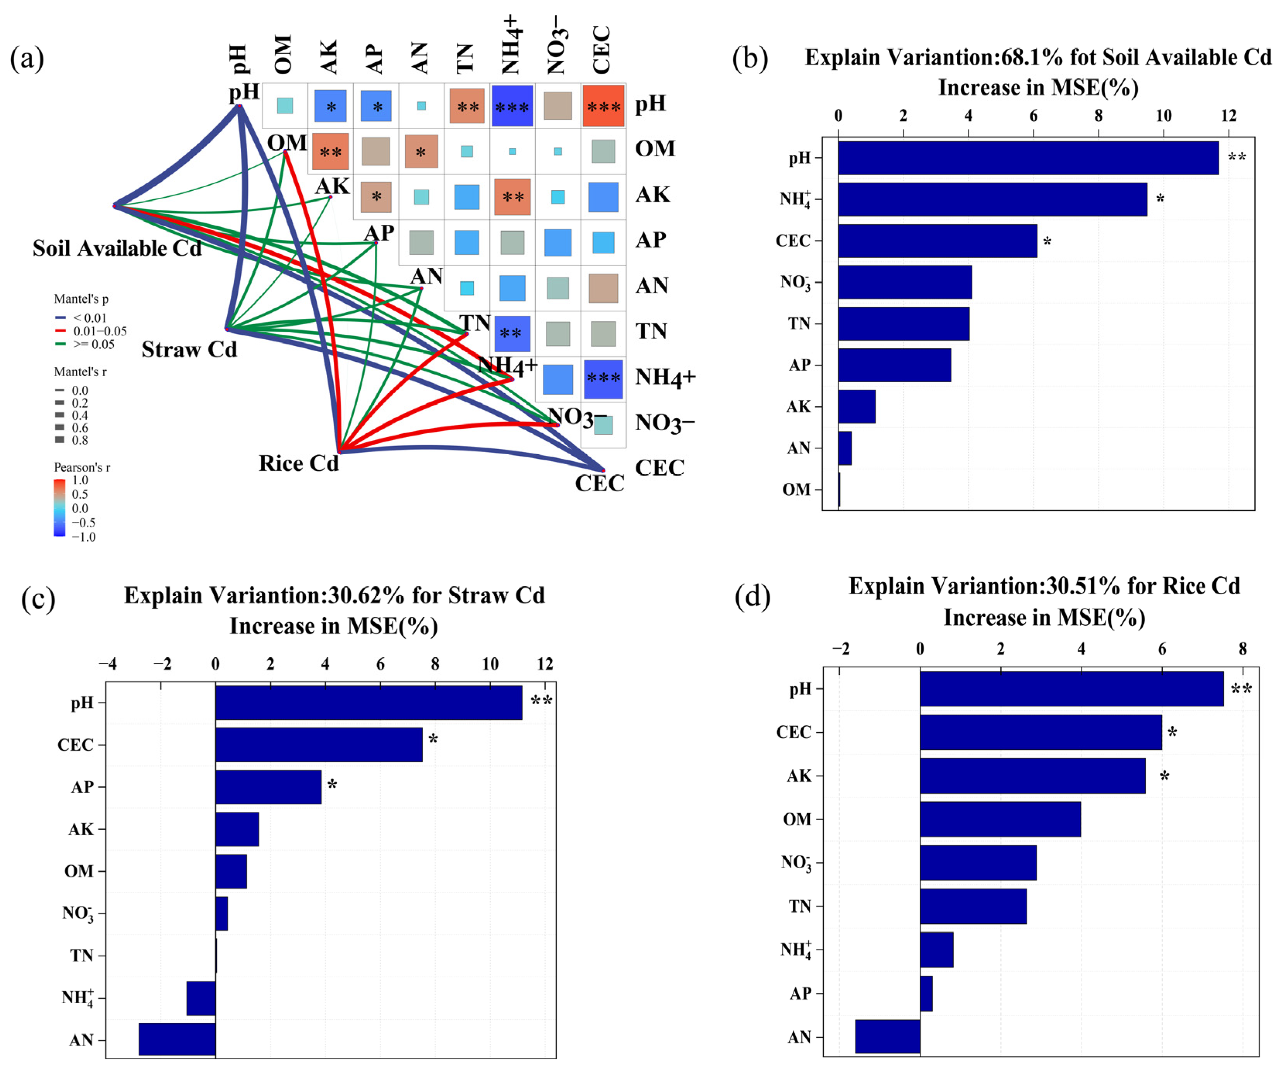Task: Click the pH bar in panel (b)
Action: pyautogui.click(x=1028, y=158)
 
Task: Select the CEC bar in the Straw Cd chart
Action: pyautogui.click(x=319, y=744)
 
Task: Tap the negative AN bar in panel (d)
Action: pyautogui.click(x=887, y=1036)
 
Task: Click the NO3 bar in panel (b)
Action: pyautogui.click(x=905, y=282)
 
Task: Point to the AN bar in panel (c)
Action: pyautogui.click(x=177, y=1039)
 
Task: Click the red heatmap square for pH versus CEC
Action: pyautogui.click(x=603, y=106)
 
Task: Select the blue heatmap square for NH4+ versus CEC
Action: pyautogui.click(x=603, y=379)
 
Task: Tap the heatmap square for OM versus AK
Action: pyautogui.click(x=330, y=151)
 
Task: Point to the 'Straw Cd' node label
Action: pyautogui.click(x=189, y=350)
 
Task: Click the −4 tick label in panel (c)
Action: pyautogui.click(x=108, y=664)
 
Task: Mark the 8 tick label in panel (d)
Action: pyautogui.click(x=1242, y=648)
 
